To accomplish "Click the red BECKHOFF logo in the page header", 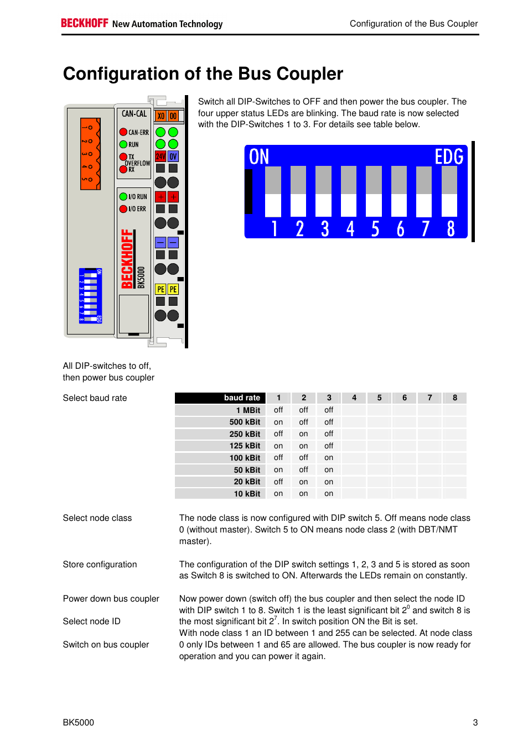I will tap(84, 23).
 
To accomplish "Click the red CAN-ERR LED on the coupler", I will tap(123, 132).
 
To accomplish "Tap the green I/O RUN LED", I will tap(123, 196).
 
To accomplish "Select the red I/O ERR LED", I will tap(123, 208).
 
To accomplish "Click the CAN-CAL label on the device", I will tap(134, 114).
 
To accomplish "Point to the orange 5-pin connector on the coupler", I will tap(90, 154).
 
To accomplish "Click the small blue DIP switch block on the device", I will tap(90, 296).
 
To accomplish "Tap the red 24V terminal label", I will tap(161, 156).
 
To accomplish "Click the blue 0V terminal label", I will tap(173, 156).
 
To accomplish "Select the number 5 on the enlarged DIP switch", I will tap(375, 228).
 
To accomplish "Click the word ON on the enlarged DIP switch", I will tap(259, 157).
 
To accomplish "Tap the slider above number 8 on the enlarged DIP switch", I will tap(449, 191).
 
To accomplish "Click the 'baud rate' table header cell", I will tap(220, 398).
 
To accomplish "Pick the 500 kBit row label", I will tap(245, 422).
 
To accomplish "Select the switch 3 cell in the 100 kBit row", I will tap(329, 458).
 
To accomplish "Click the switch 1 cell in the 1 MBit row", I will tap(278, 410).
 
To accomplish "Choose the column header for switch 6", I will tap(405, 398).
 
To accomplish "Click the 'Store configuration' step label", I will tap(100, 564).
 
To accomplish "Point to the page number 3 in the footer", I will tap(475, 722).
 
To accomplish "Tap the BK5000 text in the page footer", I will tap(79, 722).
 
